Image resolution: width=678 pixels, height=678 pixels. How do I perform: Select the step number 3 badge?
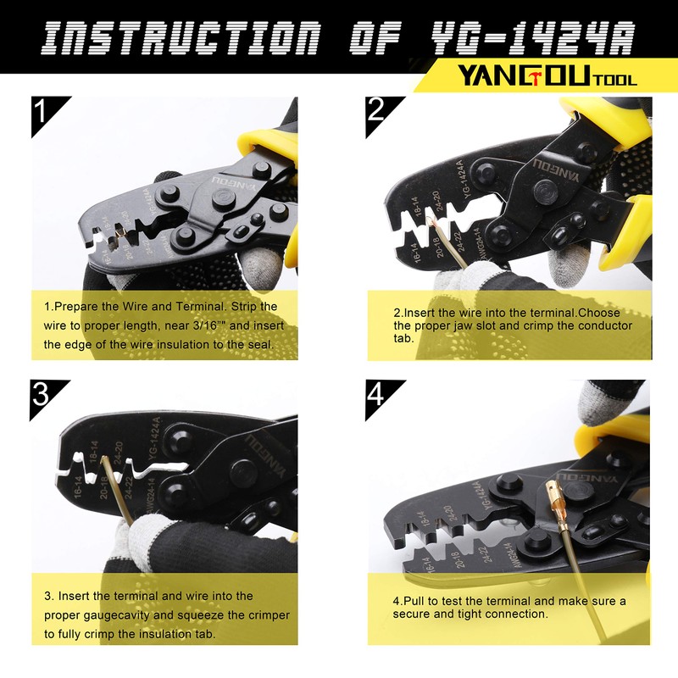(x=42, y=397)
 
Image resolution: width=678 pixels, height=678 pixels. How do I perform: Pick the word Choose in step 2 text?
(x=601, y=311)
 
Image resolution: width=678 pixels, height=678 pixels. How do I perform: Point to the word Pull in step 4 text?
(x=414, y=601)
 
